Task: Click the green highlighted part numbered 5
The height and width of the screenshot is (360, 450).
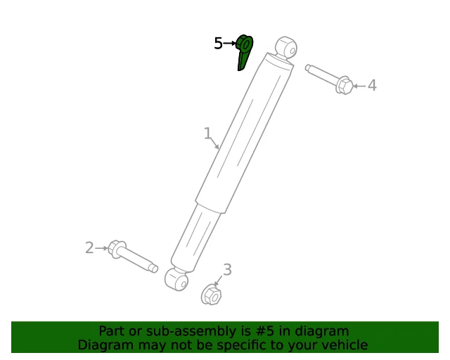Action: click(244, 51)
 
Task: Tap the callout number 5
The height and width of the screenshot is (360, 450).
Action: click(218, 44)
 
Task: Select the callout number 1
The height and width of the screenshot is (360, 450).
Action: click(207, 133)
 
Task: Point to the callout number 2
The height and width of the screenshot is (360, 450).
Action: click(89, 247)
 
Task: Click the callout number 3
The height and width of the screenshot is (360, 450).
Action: click(227, 270)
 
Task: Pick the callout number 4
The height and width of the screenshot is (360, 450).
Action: click(372, 85)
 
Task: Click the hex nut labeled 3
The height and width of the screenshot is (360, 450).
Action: click(211, 295)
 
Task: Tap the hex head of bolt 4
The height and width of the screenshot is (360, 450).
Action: click(344, 85)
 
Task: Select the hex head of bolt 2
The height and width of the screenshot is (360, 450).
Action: click(117, 249)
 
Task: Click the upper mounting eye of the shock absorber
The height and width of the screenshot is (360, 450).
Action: click(286, 48)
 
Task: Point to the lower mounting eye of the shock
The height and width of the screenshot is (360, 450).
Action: click(176, 279)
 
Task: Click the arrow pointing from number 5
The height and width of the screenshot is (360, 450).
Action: click(230, 44)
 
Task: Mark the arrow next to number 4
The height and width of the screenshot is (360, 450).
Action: click(359, 86)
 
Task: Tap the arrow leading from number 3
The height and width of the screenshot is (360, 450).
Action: click(219, 281)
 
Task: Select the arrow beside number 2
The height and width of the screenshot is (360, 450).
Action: click(101, 248)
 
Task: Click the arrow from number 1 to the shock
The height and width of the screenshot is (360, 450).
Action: click(215, 143)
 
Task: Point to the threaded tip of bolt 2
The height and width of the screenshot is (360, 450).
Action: click(154, 269)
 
